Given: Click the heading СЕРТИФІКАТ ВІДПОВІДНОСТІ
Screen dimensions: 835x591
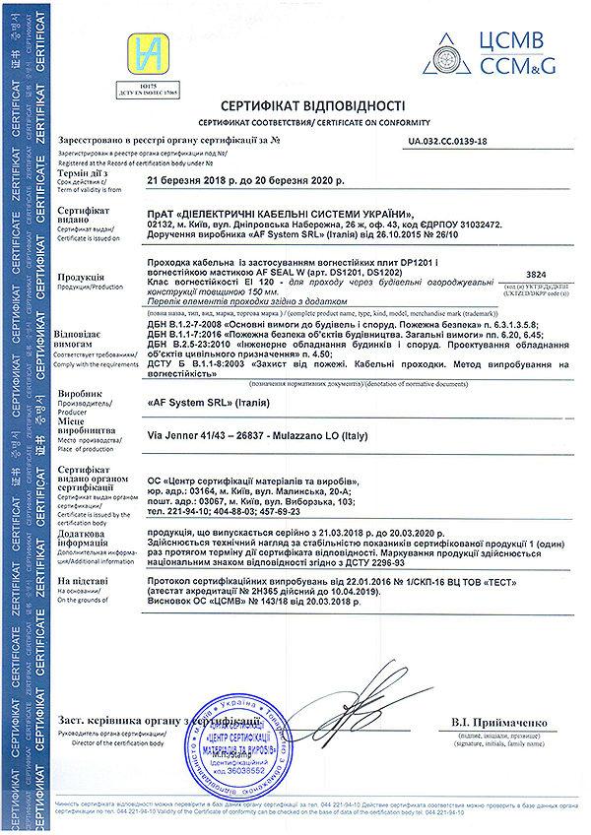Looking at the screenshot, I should point(298,103).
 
